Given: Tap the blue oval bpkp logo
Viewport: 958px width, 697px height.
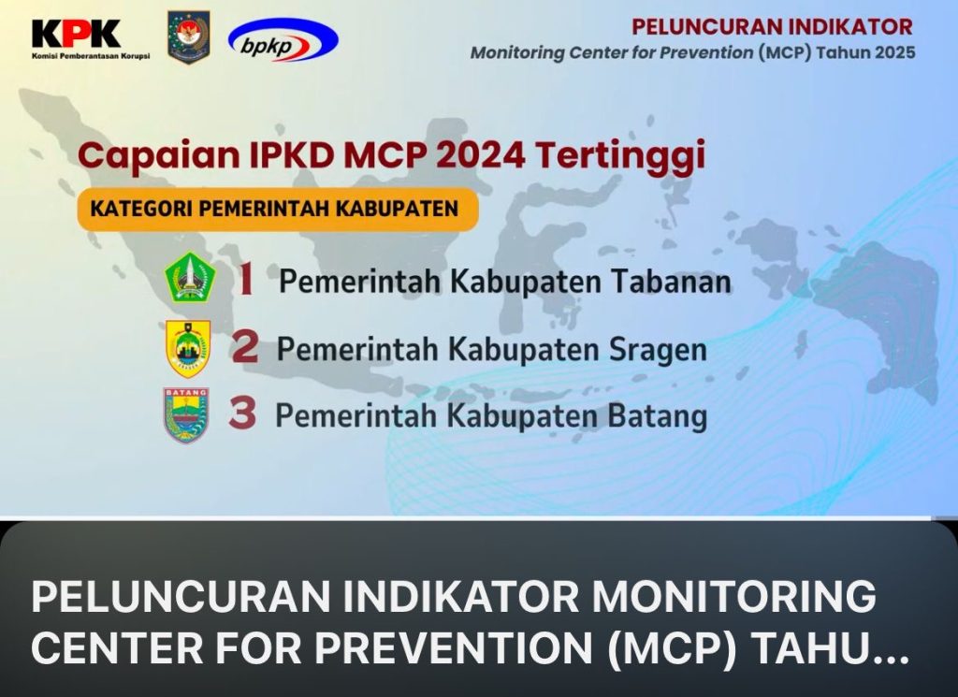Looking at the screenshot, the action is coord(283,39).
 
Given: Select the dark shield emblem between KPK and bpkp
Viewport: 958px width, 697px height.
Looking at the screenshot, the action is coord(189,37).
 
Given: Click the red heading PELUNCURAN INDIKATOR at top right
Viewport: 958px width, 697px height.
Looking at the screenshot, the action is coord(772,27).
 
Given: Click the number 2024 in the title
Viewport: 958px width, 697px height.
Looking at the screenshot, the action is coord(481,154).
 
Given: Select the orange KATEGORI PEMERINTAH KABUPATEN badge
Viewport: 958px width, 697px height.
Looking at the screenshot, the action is coord(277,209).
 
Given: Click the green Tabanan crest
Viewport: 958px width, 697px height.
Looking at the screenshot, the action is coord(190,277).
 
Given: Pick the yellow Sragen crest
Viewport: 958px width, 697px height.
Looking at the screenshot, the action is coord(188,348).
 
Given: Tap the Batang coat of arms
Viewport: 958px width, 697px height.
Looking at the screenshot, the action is coord(186,414).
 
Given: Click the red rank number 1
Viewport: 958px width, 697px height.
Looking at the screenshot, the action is coord(246,281).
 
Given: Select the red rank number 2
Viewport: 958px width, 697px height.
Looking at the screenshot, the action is coord(245,348).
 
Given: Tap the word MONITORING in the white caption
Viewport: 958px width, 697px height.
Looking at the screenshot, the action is coord(733,596).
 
